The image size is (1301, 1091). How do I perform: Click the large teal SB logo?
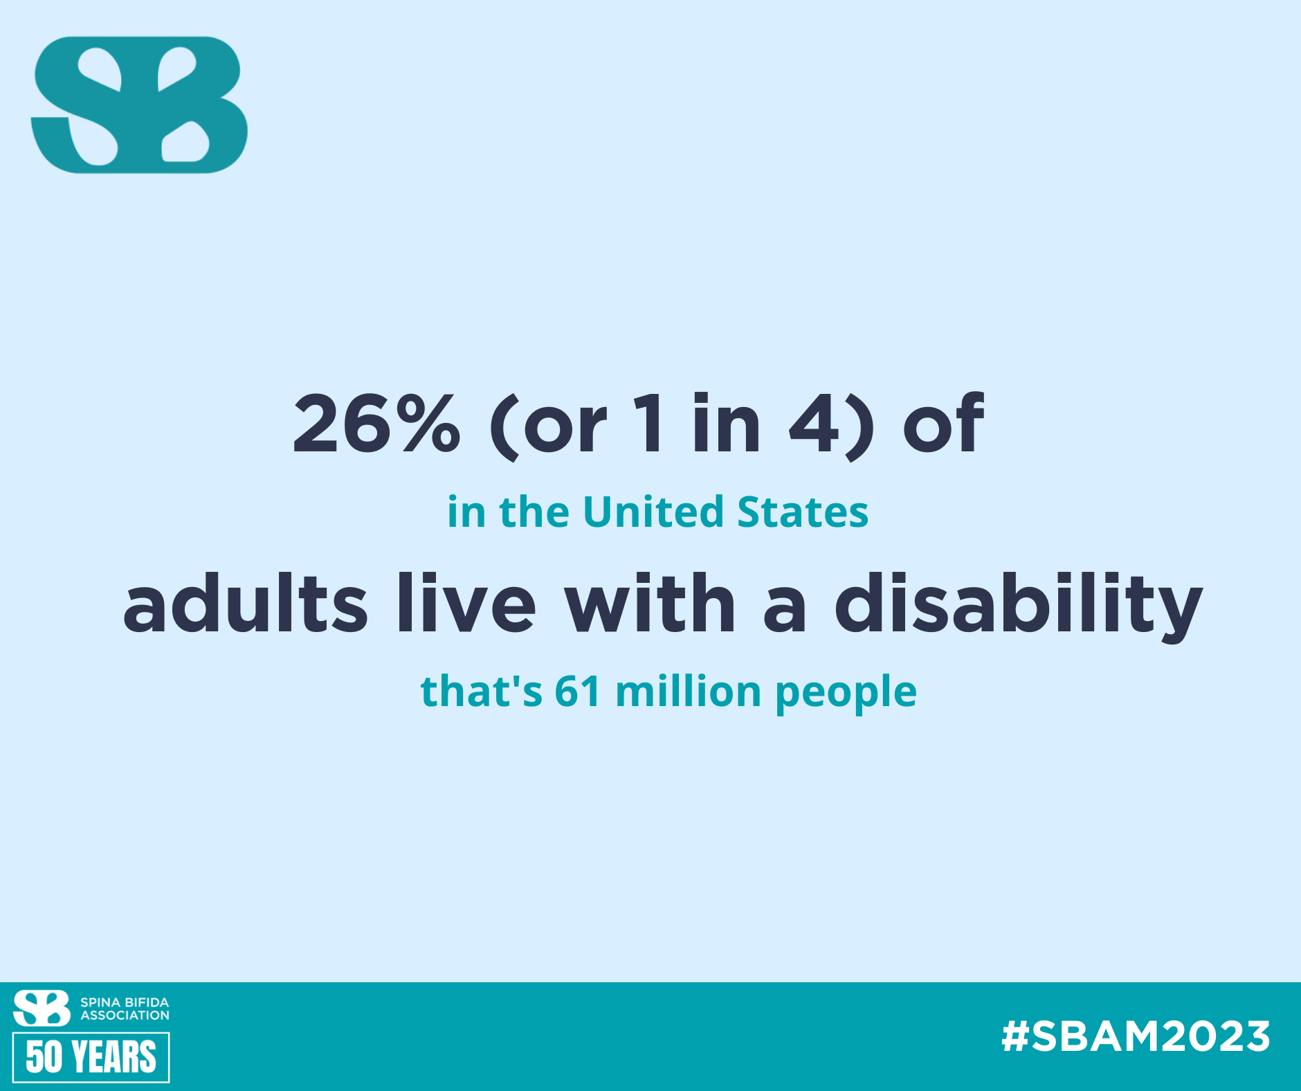click(x=139, y=105)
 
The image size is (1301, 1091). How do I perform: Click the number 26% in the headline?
click(x=376, y=423)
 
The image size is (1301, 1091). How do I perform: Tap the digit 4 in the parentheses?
click(x=815, y=423)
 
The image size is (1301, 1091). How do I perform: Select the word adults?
click(x=245, y=603)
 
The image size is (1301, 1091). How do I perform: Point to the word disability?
click(x=1019, y=606)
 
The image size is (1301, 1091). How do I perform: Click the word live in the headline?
click(x=466, y=602)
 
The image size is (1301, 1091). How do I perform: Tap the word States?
click(x=803, y=512)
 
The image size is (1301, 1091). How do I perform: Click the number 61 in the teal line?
click(x=577, y=692)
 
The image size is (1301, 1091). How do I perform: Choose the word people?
click(x=846, y=694)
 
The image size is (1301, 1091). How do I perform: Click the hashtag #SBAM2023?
click(x=1136, y=1036)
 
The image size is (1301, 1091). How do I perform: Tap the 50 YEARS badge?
click(x=91, y=1057)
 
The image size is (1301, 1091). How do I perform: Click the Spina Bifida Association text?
click(x=125, y=1009)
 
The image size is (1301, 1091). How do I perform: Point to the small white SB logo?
click(x=42, y=1008)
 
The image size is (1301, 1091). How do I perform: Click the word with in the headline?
click(x=649, y=602)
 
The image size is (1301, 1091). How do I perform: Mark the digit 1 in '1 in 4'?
click(x=652, y=423)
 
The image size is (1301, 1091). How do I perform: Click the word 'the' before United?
click(x=534, y=512)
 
